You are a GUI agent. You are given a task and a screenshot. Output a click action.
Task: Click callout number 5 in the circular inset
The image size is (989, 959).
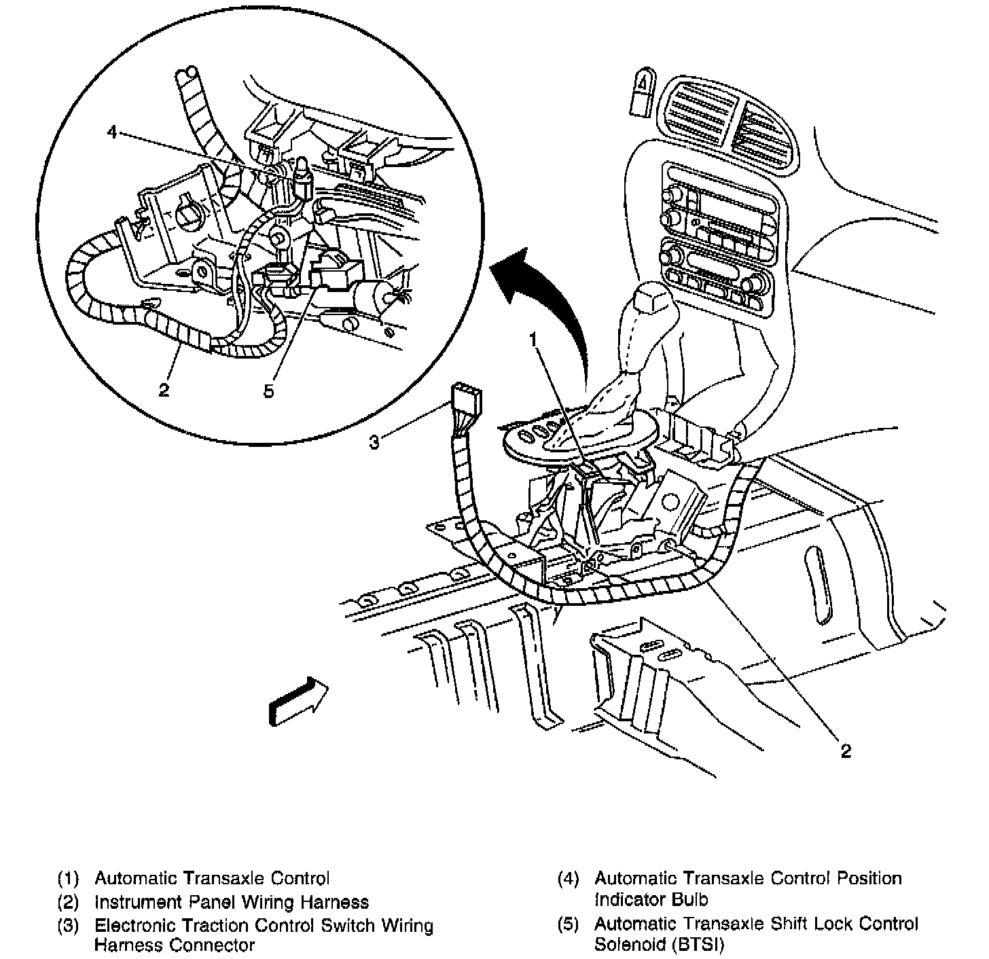point(269,391)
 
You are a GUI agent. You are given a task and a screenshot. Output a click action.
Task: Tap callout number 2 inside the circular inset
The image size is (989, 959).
point(164,390)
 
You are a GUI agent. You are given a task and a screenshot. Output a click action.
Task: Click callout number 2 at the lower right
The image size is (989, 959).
point(846,750)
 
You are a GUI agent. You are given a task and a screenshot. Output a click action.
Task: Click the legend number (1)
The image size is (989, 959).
point(69,878)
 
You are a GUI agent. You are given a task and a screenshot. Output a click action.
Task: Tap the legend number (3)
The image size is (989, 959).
point(69,926)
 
